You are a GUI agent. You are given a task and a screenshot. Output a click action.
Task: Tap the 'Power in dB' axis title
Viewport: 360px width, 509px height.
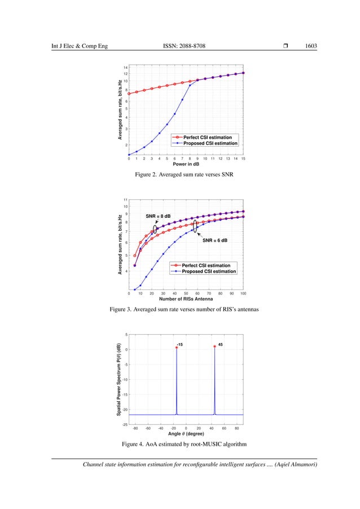[186, 164]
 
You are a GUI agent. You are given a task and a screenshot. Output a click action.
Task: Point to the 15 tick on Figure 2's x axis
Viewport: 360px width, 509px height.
[243, 159]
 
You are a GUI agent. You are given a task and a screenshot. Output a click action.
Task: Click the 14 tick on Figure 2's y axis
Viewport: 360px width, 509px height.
[126, 67]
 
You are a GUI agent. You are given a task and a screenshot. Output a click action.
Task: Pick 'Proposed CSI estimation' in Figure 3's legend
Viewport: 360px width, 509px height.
[209, 271]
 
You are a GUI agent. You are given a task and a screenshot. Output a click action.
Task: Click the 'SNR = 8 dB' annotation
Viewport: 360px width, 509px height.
[158, 216]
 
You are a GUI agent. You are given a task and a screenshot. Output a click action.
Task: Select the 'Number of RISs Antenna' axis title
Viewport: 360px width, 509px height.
[186, 299]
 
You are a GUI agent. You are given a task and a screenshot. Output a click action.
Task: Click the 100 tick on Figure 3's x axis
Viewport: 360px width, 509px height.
[243, 293]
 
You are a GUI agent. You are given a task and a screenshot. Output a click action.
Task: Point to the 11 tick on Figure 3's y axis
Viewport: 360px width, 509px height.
[126, 200]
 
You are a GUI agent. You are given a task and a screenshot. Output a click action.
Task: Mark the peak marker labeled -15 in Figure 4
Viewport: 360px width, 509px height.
[177, 348]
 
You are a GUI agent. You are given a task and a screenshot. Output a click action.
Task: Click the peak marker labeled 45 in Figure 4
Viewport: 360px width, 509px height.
[214, 346]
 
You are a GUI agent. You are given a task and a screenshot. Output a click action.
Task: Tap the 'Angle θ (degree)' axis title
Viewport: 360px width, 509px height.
[185, 434]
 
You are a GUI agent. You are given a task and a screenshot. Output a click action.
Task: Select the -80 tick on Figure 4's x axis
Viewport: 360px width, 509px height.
[135, 428]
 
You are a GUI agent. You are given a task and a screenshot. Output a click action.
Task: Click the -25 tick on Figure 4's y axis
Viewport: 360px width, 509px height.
[125, 424]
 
